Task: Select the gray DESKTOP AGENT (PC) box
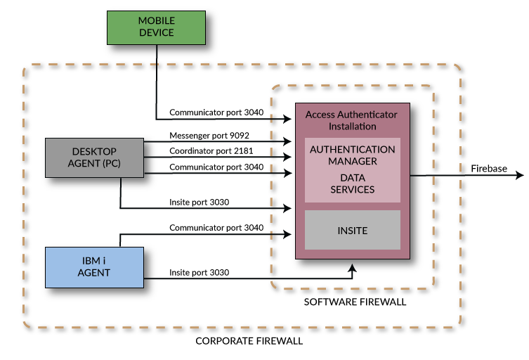pos(94,157)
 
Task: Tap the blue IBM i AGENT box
pos(94,267)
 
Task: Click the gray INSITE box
pos(352,231)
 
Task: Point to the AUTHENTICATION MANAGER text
pos(352,155)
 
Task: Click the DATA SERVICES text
pos(352,184)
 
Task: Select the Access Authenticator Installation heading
pos(352,120)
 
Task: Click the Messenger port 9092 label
pos(209,135)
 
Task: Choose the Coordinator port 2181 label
pos(211,151)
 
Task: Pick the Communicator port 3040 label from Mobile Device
pos(216,112)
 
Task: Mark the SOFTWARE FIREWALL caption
pos(355,302)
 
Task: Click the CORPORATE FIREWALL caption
pos(249,342)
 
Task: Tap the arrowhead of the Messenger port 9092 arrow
pos(288,142)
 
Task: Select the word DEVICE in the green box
pos(155,33)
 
